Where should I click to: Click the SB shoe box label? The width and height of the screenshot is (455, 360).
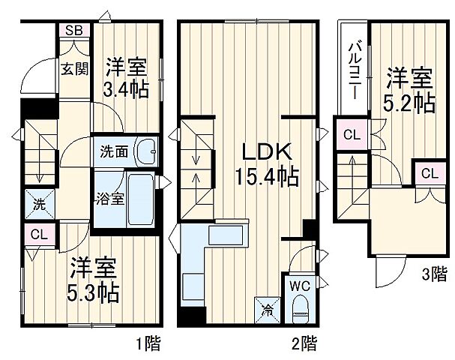(73, 31)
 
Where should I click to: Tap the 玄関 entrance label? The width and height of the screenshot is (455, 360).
(75, 69)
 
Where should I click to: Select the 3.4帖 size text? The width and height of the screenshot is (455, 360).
(125, 89)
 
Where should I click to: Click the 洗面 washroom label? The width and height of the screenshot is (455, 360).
(114, 150)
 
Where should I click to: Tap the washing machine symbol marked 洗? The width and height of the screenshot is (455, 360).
(37, 202)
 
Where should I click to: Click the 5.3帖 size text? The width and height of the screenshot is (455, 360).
(94, 291)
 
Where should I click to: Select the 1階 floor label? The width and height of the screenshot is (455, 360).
(148, 344)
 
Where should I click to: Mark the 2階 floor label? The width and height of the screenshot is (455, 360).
(303, 344)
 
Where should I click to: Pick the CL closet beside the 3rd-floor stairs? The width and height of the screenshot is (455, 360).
(350, 135)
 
